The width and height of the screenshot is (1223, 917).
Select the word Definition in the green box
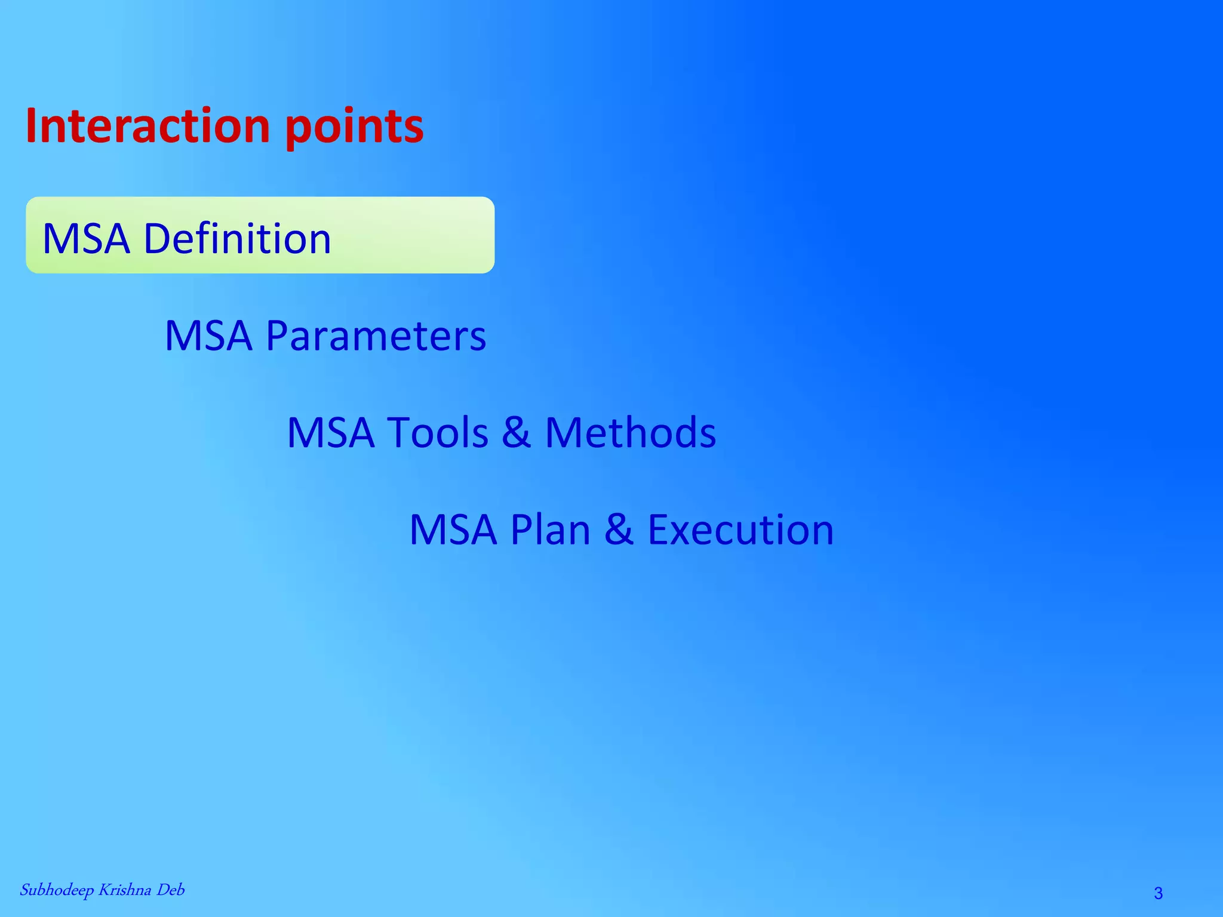point(237,238)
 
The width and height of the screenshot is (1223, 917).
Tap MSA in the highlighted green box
point(86,238)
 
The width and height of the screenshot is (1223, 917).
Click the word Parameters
point(376,336)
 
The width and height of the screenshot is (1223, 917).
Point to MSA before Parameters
point(208,336)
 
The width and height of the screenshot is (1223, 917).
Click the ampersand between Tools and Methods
point(516,432)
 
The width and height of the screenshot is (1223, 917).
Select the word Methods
point(630,432)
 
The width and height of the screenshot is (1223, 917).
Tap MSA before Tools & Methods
point(331,432)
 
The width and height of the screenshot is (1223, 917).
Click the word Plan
point(550,530)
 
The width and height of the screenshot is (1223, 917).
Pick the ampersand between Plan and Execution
point(619,530)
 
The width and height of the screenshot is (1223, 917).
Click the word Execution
point(740,530)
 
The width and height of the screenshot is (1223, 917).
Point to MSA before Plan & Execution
point(453,530)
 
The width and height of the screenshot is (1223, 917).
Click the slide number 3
point(1158,893)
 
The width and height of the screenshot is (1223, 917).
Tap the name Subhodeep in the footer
point(57,890)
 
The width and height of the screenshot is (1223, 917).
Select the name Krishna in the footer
point(124,890)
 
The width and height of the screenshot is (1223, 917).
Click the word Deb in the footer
point(170,890)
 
